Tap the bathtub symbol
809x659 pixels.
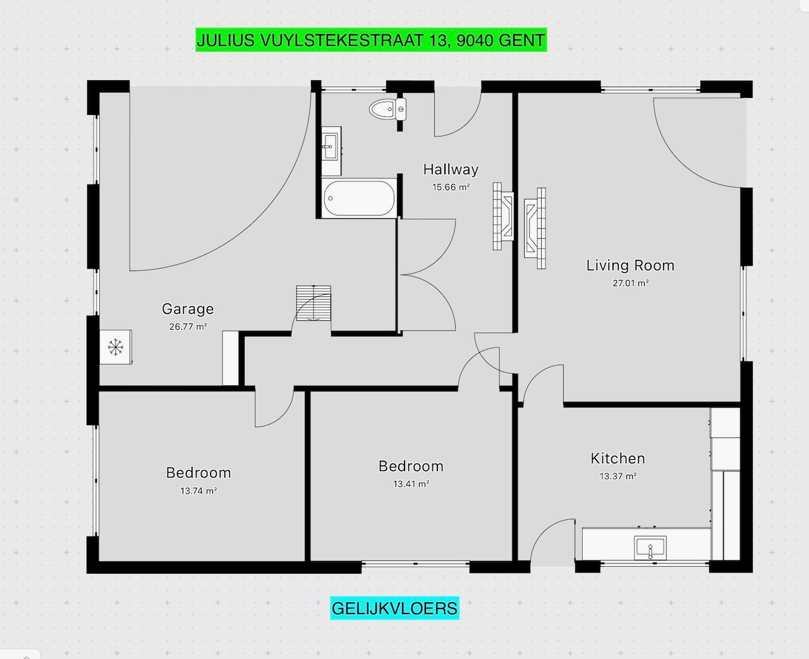point(359,198)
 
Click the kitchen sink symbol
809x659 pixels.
point(650,547)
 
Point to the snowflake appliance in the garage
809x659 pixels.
point(115,347)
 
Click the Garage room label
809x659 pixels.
point(188,309)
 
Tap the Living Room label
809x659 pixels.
point(630,265)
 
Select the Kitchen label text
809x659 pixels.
point(617,459)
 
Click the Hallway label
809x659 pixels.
point(451,169)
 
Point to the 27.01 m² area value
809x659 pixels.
point(630,283)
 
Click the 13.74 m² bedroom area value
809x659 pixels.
point(198,491)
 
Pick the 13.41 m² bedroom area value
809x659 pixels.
point(411,485)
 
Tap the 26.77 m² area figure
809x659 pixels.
point(188,327)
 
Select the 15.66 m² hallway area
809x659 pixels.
point(451,187)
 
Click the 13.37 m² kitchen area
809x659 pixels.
point(617,476)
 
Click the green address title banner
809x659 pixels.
point(370,40)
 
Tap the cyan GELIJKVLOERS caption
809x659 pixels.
point(394,608)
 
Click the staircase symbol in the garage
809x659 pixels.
point(313,303)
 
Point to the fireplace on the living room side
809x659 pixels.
point(535,227)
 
